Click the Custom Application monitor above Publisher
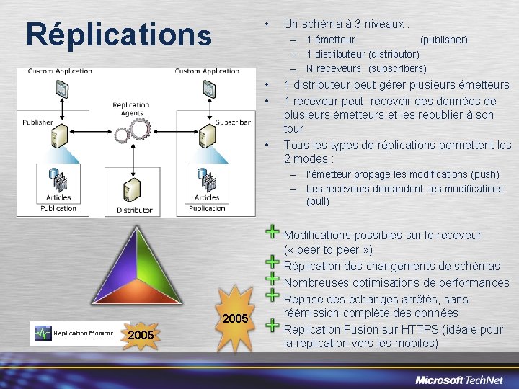point(61,89)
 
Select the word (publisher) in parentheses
point(443,40)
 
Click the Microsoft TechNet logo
point(459,380)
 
